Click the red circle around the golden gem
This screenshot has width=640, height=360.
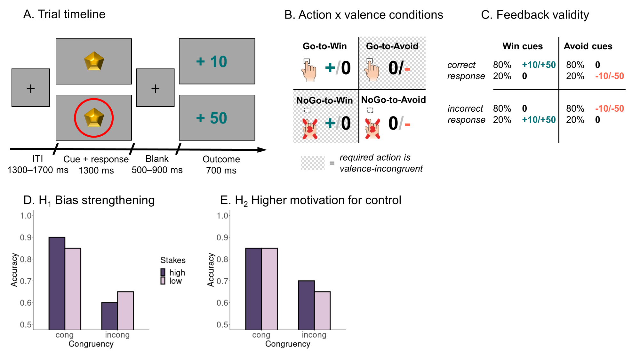pyautogui.click(x=75, y=118)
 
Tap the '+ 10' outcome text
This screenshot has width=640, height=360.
pyautogui.click(x=212, y=61)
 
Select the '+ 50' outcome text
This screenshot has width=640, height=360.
pyautogui.click(x=212, y=118)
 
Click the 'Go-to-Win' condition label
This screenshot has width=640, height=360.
pyautogui.click(x=324, y=46)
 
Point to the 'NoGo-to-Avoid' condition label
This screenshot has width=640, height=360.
pyautogui.click(x=393, y=100)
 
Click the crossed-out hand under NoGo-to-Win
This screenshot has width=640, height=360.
pyautogui.click(x=309, y=128)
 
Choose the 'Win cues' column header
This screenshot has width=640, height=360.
pyautogui.click(x=522, y=46)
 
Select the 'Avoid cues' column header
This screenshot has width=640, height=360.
pyautogui.click(x=588, y=46)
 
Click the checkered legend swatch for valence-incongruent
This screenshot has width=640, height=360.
pyautogui.click(x=312, y=163)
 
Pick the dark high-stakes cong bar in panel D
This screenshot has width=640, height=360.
pyautogui.click(x=57, y=283)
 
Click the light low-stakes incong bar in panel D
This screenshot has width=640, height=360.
pyautogui.click(x=125, y=310)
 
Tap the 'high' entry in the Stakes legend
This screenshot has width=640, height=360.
pyautogui.click(x=177, y=272)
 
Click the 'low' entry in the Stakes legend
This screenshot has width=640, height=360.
pyautogui.click(x=175, y=281)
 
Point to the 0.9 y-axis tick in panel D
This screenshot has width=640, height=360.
pyautogui.click(x=26, y=237)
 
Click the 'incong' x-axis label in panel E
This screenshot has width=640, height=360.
pyautogui.click(x=314, y=335)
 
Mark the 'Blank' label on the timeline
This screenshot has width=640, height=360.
pyautogui.click(x=157, y=159)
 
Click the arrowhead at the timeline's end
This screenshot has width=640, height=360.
pyautogui.click(x=262, y=150)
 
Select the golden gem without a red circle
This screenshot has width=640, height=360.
pyautogui.click(x=94, y=61)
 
